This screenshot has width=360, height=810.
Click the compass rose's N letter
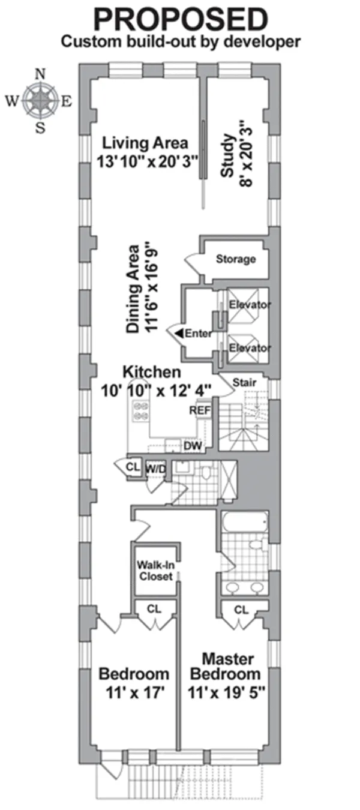click(41, 74)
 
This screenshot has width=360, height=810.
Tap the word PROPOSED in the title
click(180, 19)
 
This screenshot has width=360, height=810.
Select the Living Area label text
click(145, 143)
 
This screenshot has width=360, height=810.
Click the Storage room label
click(235, 259)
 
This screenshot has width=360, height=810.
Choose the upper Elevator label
click(250, 305)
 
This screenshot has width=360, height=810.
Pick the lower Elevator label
click(250, 348)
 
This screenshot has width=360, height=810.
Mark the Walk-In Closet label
click(155, 571)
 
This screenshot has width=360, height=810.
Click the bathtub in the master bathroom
click(245, 523)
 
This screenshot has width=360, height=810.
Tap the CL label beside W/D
click(132, 466)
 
